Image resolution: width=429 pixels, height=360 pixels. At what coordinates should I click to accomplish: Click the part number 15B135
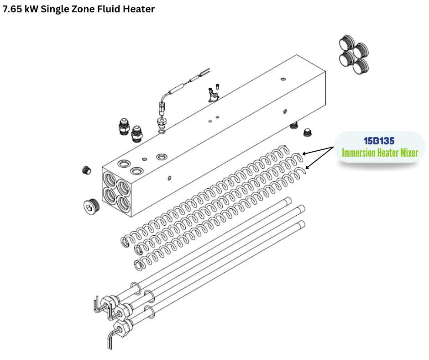coord(379,141)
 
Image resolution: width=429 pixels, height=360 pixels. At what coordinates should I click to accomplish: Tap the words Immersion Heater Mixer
coord(380,153)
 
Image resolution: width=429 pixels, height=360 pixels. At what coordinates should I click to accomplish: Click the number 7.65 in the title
coord(12,9)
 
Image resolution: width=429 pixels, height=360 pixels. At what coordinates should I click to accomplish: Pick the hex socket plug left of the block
coord(91,205)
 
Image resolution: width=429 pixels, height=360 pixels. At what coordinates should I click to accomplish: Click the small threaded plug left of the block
coord(86,170)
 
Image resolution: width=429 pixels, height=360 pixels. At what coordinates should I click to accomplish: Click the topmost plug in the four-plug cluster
coord(347,42)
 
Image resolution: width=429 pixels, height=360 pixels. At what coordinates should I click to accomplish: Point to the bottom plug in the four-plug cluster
coord(361,67)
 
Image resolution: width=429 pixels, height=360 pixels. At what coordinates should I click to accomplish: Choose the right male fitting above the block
coord(136,134)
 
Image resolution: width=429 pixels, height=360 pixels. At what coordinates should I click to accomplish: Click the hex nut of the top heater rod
coord(107,303)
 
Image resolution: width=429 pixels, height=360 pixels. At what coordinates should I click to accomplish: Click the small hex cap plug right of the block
coord(308,132)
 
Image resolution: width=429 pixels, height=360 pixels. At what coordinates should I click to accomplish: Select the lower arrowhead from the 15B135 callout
coord(307,167)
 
